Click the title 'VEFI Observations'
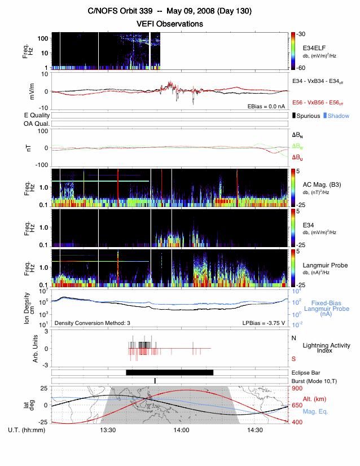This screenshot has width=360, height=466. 169,24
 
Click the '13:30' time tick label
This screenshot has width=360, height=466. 108,430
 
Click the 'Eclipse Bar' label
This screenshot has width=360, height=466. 307,372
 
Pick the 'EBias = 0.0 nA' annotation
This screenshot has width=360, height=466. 266,105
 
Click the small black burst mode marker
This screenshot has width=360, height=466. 155,381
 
